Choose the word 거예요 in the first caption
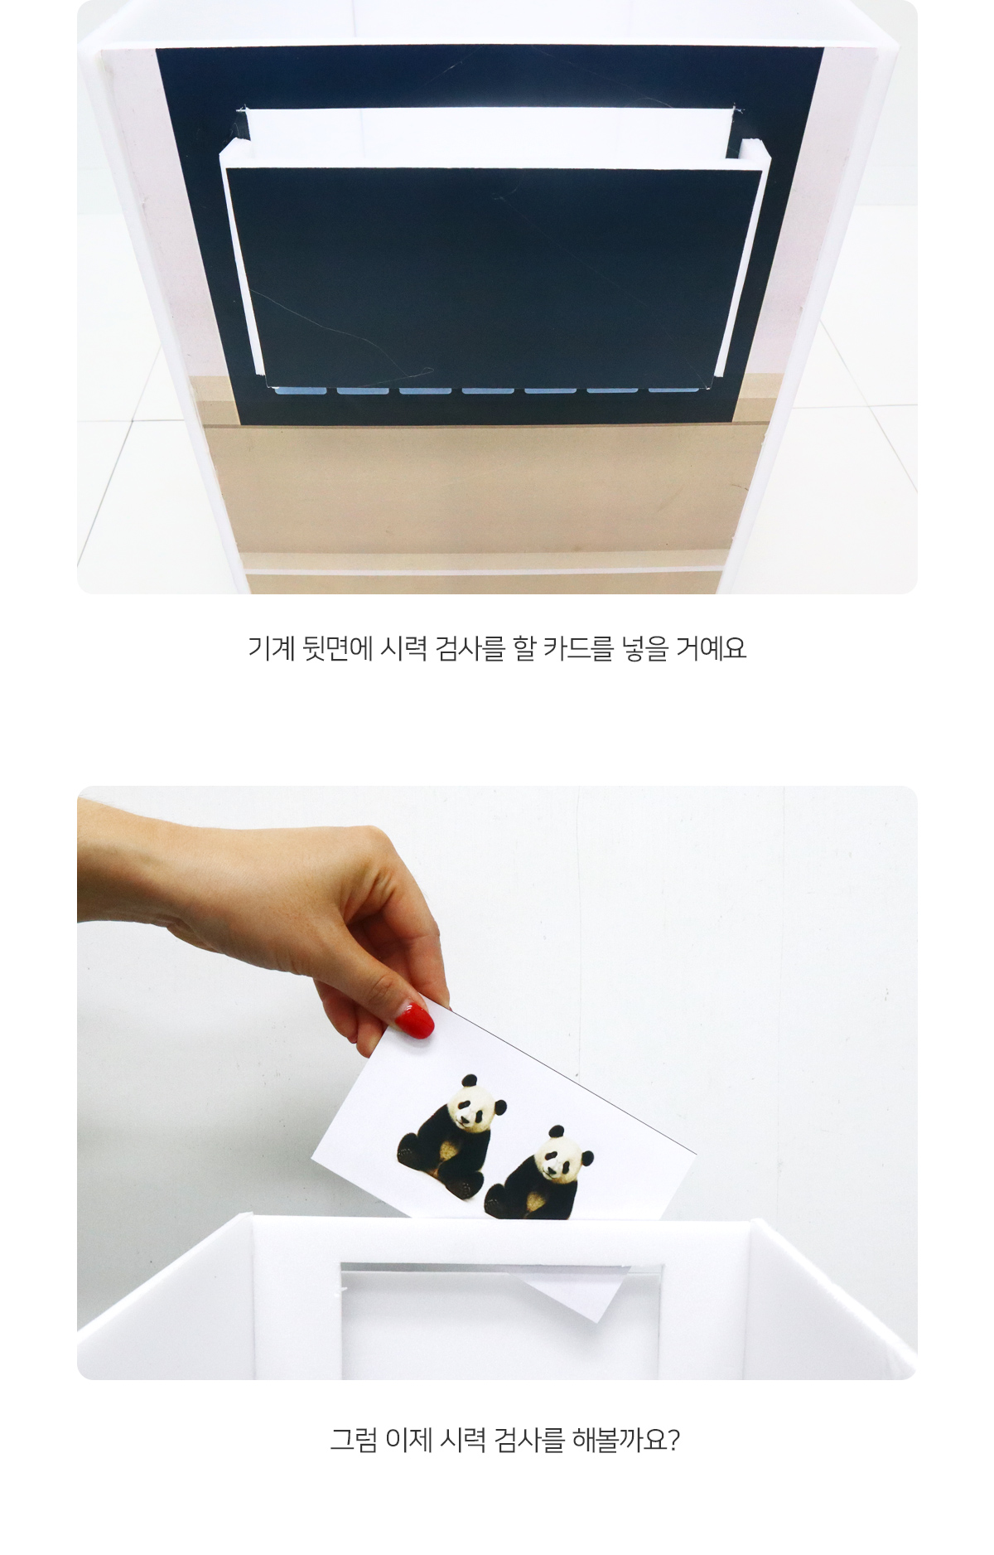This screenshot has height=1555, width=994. coord(712,647)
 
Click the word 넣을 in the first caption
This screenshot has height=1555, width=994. coord(644,647)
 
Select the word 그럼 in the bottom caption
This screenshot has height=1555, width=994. coord(354,1440)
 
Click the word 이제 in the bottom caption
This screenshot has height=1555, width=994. coord(409,1440)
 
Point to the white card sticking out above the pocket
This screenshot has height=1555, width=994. coord(489,130)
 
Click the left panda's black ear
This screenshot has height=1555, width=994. coord(470,1080)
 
